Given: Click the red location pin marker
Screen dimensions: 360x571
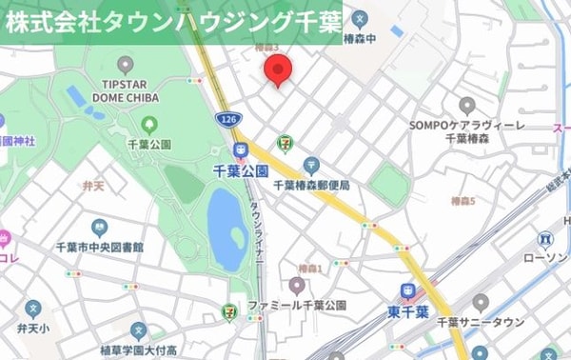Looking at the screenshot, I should (x=278, y=70).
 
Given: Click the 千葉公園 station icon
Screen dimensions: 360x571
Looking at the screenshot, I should (x=241, y=150).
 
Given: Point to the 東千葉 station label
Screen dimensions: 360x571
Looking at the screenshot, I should (x=408, y=311).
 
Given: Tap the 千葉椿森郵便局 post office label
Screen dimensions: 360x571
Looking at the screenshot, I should (x=311, y=185).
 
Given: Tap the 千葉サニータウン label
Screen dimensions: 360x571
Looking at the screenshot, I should (x=480, y=323).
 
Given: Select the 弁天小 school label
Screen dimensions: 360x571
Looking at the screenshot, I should (x=33, y=328).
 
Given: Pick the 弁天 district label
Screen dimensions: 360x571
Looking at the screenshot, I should (x=94, y=188).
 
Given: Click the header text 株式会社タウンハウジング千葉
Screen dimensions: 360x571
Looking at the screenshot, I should (x=172, y=23).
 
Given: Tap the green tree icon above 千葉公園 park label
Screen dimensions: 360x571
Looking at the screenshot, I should (x=148, y=124).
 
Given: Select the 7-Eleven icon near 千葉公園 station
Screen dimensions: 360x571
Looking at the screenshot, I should (x=284, y=143).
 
